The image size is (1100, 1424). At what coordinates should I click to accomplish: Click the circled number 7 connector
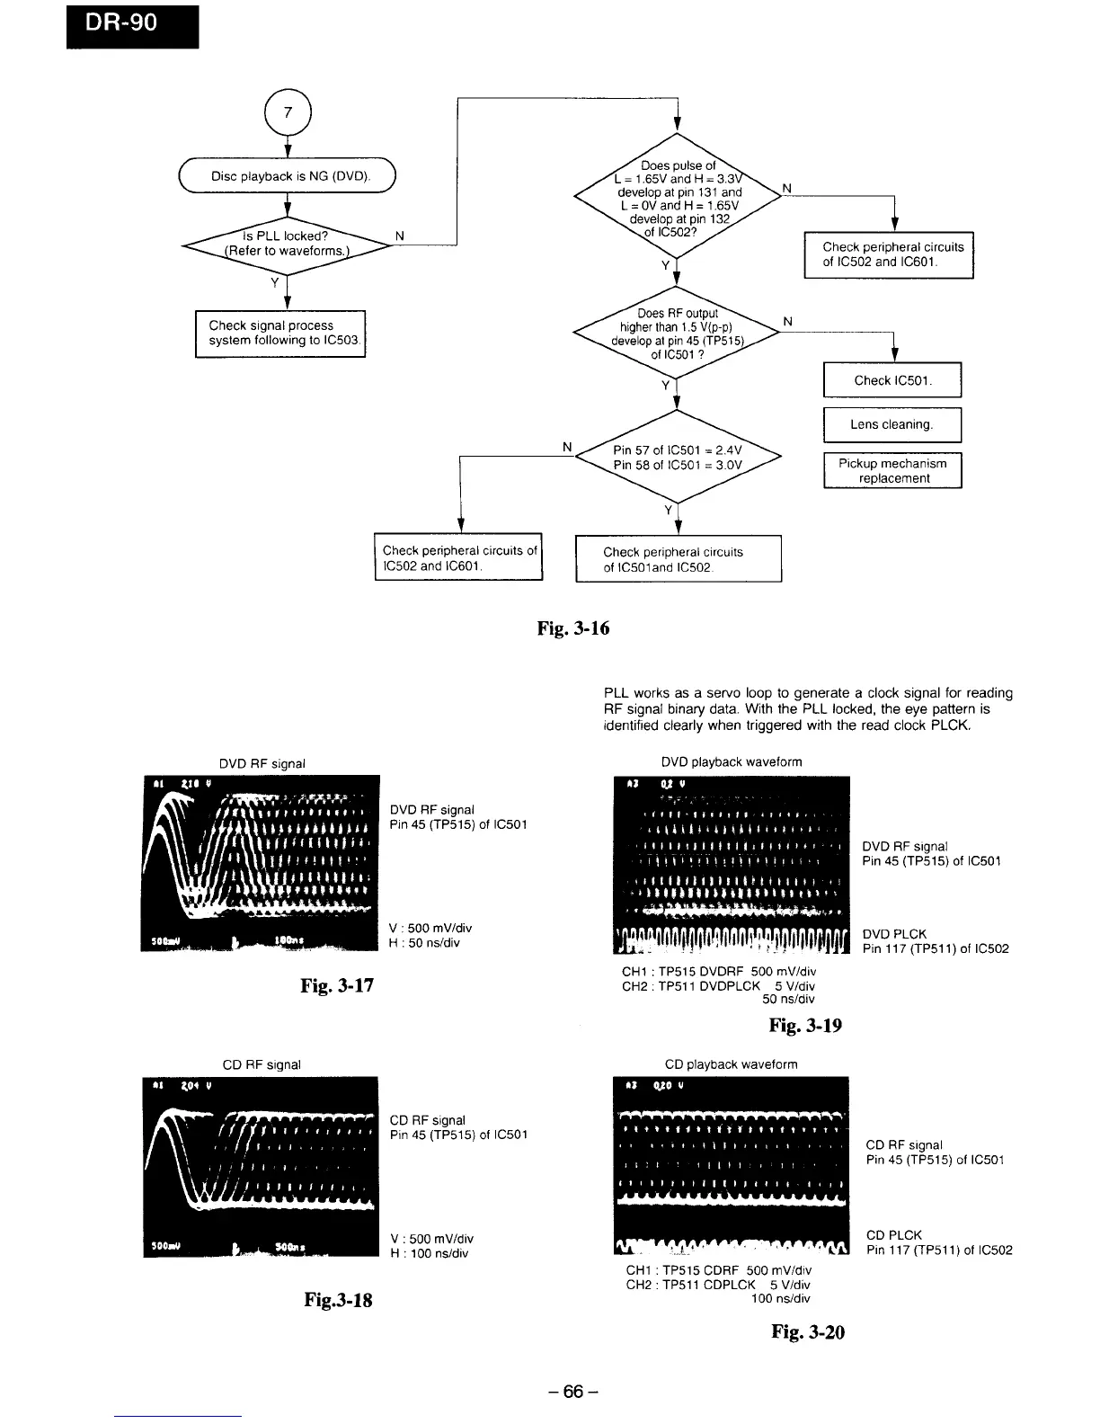[288, 113]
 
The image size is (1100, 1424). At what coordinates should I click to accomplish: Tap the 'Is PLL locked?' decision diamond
[286, 244]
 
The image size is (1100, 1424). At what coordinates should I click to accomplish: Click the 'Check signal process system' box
[280, 334]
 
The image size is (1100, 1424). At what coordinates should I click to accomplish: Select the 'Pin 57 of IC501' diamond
[678, 458]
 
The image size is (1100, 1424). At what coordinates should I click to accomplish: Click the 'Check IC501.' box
[892, 380]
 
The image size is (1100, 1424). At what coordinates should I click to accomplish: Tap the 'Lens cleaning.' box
[892, 424]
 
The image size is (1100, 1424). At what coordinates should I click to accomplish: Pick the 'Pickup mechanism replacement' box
[892, 470]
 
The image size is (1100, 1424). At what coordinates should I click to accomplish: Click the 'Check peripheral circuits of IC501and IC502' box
[678, 559]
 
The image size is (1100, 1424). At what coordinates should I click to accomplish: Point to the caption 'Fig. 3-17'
[336, 985]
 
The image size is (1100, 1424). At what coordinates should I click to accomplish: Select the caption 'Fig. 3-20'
[807, 1331]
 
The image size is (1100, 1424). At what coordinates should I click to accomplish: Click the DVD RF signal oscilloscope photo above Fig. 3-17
[260, 862]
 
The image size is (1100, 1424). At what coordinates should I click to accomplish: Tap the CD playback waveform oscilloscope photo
[731, 1167]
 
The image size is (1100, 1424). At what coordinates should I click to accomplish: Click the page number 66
[573, 1392]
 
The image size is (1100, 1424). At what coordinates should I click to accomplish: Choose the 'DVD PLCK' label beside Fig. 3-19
[894, 934]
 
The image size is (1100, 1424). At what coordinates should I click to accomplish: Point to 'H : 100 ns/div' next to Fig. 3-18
[429, 1253]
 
